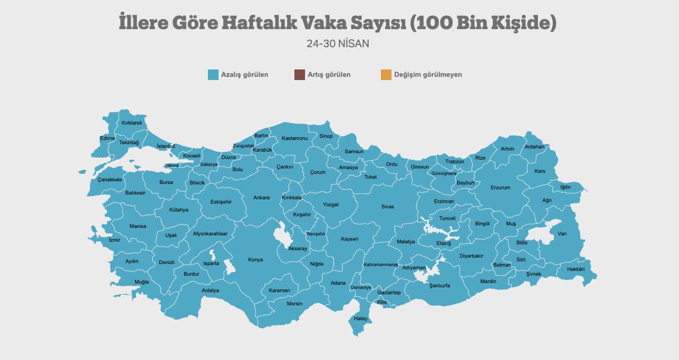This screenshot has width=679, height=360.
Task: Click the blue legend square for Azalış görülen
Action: click(213, 75)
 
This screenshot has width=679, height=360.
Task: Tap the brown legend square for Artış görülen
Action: click(300, 75)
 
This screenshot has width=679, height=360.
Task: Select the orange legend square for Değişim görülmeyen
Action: click(386, 75)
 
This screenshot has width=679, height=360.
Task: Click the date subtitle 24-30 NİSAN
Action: click(338, 43)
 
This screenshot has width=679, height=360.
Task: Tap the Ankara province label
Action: click(262, 198)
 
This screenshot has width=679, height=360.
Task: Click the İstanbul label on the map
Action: click(166, 146)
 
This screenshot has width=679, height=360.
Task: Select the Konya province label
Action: click(256, 260)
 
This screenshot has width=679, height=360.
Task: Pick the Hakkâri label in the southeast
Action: click(576, 269)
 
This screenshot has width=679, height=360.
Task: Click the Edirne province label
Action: click(107, 138)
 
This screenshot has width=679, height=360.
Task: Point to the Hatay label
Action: click(361, 319)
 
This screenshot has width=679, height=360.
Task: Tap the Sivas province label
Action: click(388, 207)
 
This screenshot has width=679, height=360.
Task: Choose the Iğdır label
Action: click(565, 187)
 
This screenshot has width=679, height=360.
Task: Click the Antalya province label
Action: click(210, 291)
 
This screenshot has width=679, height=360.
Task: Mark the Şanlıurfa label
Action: click(440, 285)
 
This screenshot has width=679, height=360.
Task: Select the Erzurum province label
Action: click(500, 188)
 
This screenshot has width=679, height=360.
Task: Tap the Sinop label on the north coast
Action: click(326, 136)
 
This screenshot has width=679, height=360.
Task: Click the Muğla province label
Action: click(142, 282)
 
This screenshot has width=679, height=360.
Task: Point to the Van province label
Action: click(562, 234)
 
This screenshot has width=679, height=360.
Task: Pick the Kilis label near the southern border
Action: click(382, 302)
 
